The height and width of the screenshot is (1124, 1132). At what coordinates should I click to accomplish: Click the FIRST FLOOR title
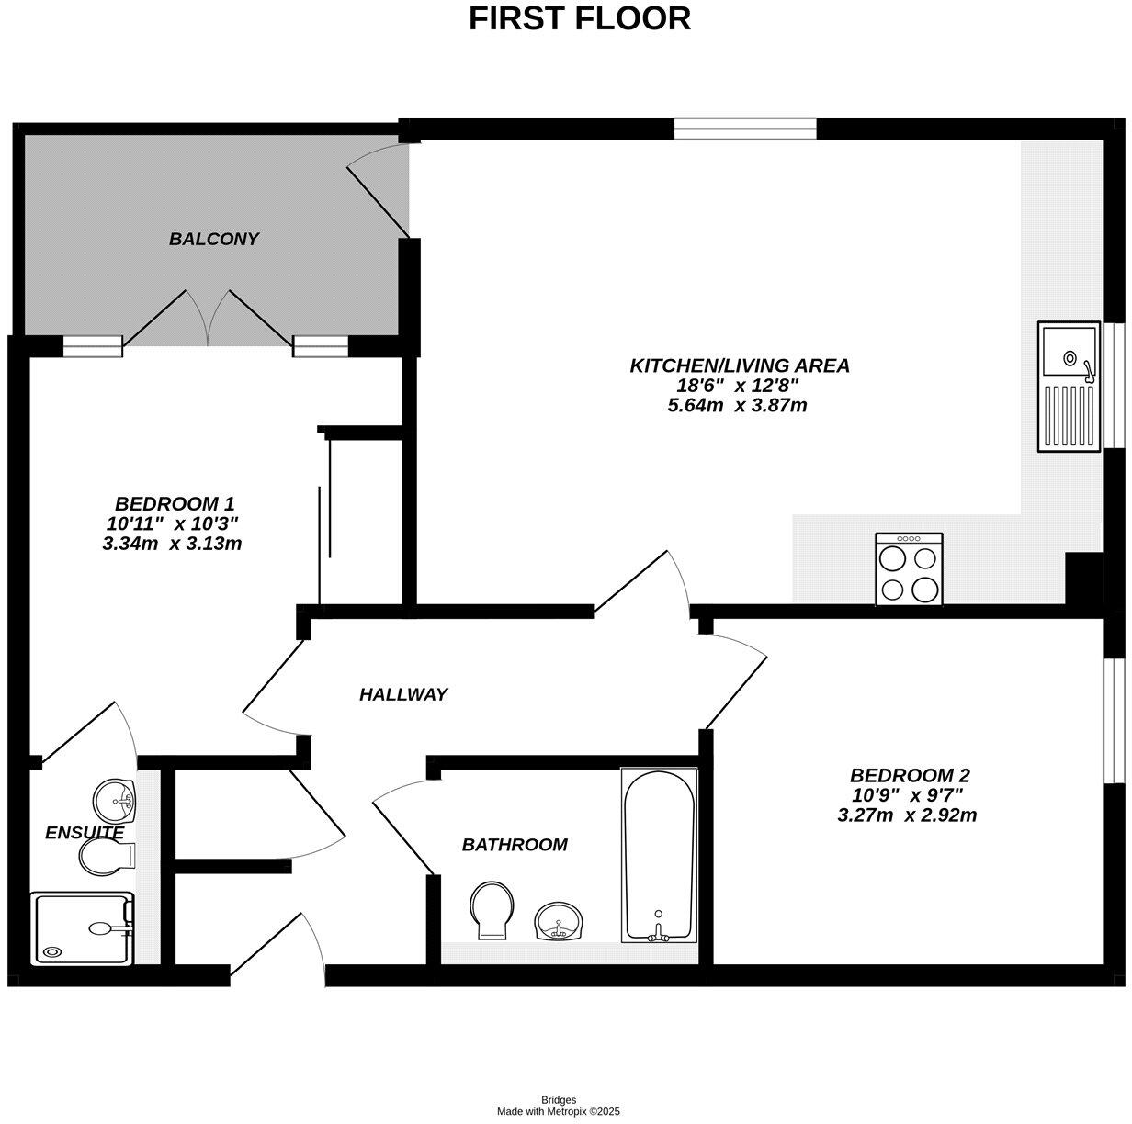click(579, 18)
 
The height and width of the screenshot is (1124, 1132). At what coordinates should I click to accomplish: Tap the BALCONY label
click(214, 239)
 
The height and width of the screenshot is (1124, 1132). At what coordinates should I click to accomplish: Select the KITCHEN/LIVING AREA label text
click(739, 365)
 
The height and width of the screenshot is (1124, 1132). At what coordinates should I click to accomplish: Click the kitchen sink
click(1069, 386)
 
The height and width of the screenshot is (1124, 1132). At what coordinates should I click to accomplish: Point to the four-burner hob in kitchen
click(909, 569)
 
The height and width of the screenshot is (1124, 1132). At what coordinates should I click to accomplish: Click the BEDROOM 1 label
click(175, 503)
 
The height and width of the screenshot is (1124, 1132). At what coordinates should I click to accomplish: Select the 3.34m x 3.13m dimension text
click(172, 544)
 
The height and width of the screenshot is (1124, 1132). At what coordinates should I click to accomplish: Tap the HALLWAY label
click(402, 694)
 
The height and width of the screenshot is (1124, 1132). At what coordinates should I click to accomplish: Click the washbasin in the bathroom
click(559, 920)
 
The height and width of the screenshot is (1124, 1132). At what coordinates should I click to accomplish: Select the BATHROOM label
click(515, 845)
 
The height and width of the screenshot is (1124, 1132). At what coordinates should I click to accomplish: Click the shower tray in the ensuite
click(83, 928)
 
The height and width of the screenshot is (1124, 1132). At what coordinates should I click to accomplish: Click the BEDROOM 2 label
click(909, 774)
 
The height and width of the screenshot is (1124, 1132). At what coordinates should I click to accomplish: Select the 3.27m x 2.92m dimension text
click(907, 815)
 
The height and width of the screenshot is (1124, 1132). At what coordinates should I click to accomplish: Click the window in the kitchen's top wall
click(744, 129)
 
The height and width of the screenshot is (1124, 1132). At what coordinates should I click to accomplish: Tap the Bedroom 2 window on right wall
click(1114, 721)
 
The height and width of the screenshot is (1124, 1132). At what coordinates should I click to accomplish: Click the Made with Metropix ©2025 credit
click(559, 1111)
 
